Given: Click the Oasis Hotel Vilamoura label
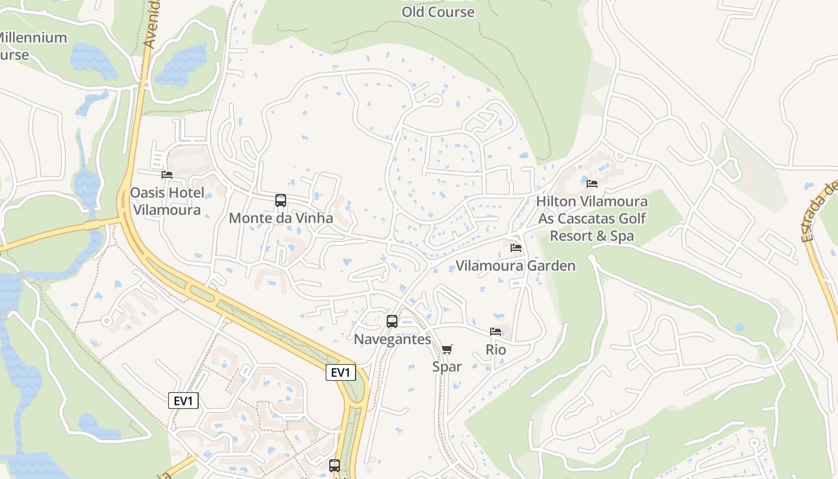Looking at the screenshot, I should coord(166,201).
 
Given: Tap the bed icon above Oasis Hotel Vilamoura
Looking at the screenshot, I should coord(167,175).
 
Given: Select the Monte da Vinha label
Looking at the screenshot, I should coord(281,218).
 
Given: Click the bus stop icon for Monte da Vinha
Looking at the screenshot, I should coord(281,201).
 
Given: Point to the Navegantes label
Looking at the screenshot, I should coord(392,339).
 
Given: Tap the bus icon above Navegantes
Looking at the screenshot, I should coord(392,322).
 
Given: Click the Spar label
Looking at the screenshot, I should coord(447,366).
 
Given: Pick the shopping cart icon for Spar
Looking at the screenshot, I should coord(447,349).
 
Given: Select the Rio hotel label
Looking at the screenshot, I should coord(496,350).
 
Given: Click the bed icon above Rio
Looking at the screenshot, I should coord(496,332).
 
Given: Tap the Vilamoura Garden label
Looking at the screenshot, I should coord(515,266).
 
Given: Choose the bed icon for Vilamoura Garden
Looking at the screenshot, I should coord(516,248).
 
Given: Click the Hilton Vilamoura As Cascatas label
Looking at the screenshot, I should coord(591,219).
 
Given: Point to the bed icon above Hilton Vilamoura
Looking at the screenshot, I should coord(592,184).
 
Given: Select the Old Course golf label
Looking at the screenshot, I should coord(438,11).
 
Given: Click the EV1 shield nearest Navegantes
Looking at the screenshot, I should coord(341,372).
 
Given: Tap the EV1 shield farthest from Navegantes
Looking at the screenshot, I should coord(183,401).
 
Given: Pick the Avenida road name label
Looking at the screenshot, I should coord(153,24).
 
